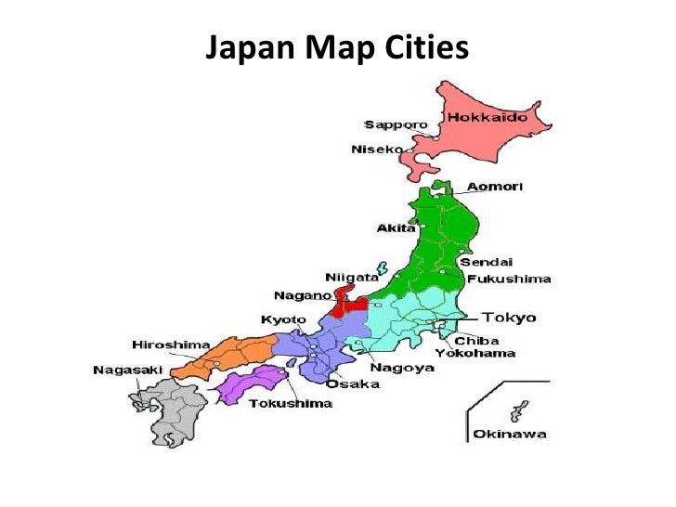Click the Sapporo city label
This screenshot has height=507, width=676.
pos(396,124)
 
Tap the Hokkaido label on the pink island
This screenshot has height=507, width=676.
pos(487,118)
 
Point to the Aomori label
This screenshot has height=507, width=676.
pos(495,187)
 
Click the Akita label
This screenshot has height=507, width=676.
pos(396,227)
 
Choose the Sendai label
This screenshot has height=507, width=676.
pos(487,262)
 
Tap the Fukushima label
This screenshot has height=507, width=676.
pos(509,279)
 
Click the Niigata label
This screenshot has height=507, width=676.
pos(352,277)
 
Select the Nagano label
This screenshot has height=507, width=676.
pos(303,295)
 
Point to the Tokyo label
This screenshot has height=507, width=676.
pos(508,318)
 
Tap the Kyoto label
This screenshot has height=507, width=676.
pos(283,319)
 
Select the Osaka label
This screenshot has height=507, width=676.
pos(353,383)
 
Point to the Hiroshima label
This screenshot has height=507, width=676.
pos(171,344)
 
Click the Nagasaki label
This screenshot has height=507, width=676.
pos(128,370)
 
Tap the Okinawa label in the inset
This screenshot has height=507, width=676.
pos(510,433)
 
